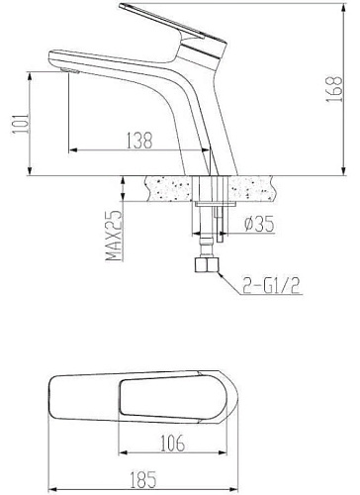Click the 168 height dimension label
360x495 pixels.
click(334, 89)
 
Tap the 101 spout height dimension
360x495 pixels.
click(21, 124)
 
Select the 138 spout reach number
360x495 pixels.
click(139, 141)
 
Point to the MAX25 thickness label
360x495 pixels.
click(114, 236)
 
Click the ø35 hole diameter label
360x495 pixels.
click(259, 224)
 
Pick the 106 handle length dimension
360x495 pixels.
click(172, 444)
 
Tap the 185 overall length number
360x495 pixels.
click(142, 480)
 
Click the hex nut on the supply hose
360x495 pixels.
click(207, 265)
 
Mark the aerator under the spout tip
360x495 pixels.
click(70, 70)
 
